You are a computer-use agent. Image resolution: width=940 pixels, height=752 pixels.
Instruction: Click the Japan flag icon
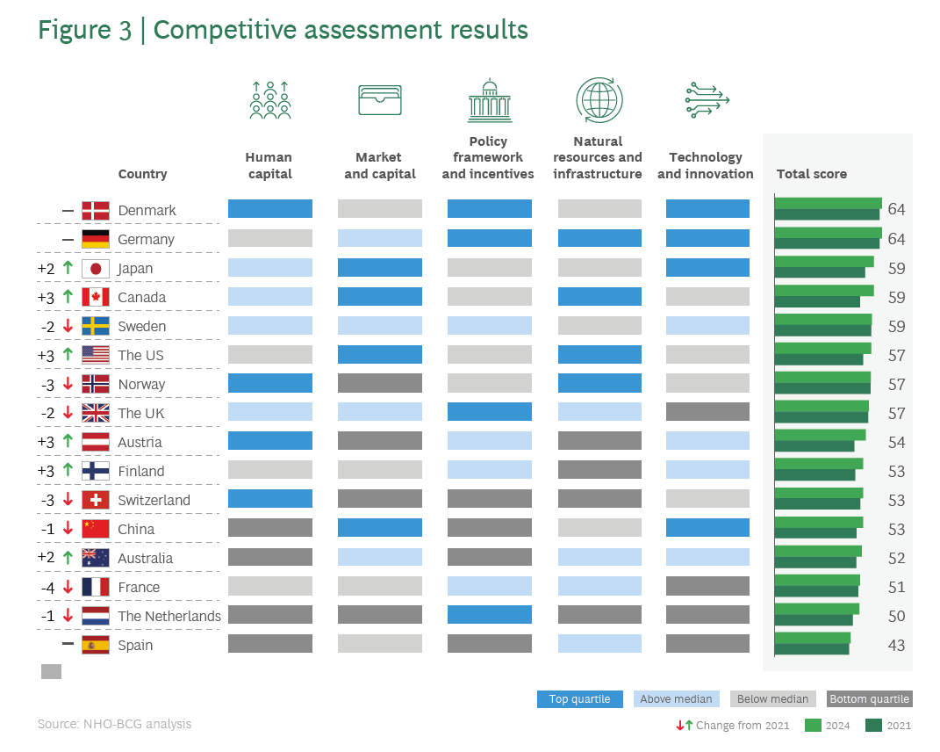(95, 268)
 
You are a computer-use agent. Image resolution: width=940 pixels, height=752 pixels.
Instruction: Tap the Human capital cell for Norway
(269, 383)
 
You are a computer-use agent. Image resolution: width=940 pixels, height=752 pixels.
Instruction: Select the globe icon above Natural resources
(599, 99)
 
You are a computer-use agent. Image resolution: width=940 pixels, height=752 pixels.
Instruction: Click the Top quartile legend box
(580, 699)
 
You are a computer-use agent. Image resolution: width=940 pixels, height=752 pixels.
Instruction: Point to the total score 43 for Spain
(895, 645)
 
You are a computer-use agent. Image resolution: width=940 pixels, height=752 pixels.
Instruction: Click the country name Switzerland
(154, 500)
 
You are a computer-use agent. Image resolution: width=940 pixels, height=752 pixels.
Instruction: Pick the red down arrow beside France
(67, 587)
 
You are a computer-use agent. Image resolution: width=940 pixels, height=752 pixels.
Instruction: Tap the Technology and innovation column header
(706, 165)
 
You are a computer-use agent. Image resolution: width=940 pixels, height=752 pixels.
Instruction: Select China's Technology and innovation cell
(707, 528)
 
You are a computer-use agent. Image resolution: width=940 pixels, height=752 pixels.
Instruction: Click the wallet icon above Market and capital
(380, 99)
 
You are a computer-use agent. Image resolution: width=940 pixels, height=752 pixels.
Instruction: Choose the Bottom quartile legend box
(869, 699)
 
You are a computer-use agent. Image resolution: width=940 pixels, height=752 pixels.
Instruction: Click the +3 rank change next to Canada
(46, 297)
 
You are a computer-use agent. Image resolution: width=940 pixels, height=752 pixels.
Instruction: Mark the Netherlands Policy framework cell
(489, 615)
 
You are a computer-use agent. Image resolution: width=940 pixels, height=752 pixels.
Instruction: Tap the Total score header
(812, 174)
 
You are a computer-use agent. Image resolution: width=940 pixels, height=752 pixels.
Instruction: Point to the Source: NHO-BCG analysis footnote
(114, 724)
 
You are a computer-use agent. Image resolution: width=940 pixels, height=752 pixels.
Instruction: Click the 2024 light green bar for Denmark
(828, 203)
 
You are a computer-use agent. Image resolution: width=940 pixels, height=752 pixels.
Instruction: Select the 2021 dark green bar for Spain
(811, 649)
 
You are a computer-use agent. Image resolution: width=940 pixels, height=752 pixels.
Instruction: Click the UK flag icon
(95, 413)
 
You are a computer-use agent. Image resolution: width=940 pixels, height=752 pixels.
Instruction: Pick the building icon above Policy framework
(489, 99)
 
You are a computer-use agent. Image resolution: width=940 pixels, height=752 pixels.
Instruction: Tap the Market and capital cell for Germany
(379, 238)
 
